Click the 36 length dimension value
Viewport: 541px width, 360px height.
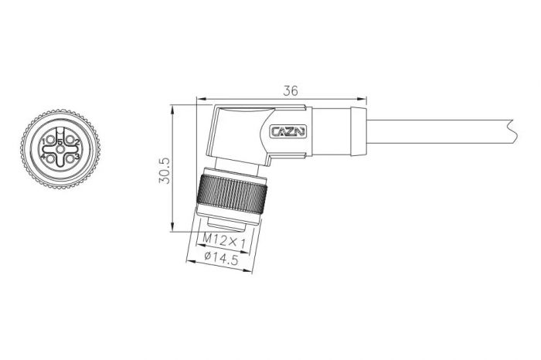[291, 90]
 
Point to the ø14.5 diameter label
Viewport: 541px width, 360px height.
[219, 261]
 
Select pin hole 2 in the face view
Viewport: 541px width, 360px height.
[70, 141]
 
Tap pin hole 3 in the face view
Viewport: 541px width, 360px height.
[70, 158]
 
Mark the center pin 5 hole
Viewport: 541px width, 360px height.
[60, 150]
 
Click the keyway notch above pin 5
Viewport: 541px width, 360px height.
[60, 137]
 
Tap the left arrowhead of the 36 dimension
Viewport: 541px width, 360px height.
[199, 98]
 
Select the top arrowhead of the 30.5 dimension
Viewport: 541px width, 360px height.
[171, 107]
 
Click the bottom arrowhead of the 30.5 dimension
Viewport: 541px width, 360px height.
[171, 229]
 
